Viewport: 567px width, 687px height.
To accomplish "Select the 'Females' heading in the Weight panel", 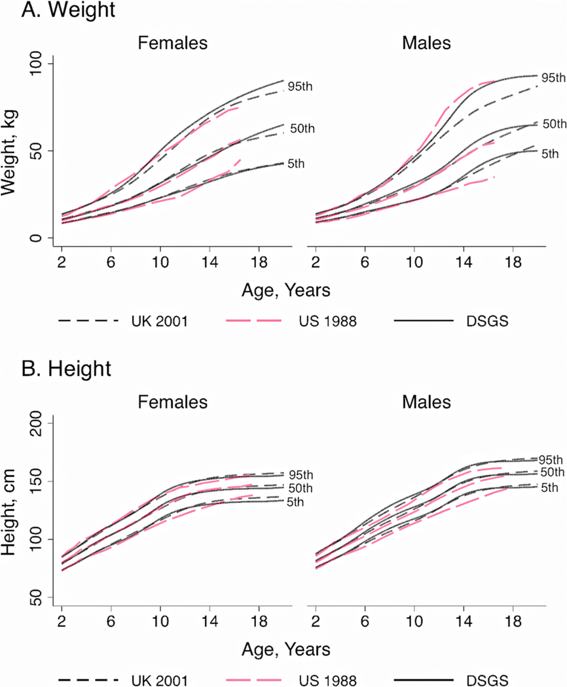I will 172,44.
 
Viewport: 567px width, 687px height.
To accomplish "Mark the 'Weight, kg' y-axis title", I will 12,150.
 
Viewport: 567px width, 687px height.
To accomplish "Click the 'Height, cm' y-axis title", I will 12,509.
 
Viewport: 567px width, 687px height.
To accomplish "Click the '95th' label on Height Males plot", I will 551,459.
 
